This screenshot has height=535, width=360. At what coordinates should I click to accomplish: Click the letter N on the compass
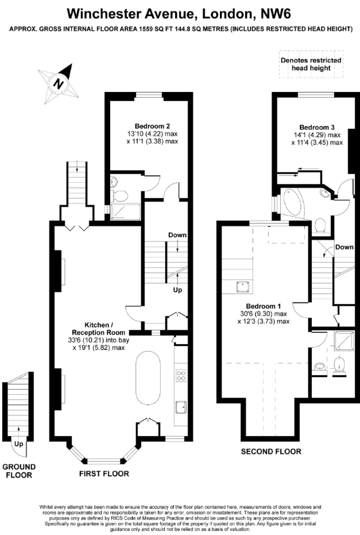pyautogui.click(x=59, y=83)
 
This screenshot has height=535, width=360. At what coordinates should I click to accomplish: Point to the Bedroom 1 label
pyautogui.click(x=264, y=306)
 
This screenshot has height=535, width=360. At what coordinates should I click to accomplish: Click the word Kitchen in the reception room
pyautogui.click(x=97, y=325)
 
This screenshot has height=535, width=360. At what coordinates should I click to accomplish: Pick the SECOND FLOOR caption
pyautogui.click(x=271, y=452)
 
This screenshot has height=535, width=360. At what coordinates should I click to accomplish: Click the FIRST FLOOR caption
pyautogui.click(x=104, y=474)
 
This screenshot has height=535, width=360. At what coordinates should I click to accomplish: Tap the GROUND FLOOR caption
pyautogui.click(x=19, y=471)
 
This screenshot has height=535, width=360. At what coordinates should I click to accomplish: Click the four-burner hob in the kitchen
pyautogui.click(x=181, y=376)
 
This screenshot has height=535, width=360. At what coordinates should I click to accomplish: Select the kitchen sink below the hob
pyautogui.click(x=181, y=407)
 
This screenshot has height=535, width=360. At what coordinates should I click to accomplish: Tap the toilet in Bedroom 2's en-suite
pyautogui.click(x=119, y=196)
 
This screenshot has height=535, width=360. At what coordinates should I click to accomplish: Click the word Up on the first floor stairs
pyautogui.click(x=177, y=290)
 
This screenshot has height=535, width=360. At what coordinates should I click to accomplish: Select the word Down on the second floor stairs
pyautogui.click(x=344, y=247)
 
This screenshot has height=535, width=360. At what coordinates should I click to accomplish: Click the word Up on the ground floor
pyautogui.click(x=19, y=444)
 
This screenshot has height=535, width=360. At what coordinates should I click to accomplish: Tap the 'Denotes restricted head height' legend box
pyautogui.click(x=311, y=64)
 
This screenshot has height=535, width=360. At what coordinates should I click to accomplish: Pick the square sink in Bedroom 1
pyautogui.click(x=243, y=287)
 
